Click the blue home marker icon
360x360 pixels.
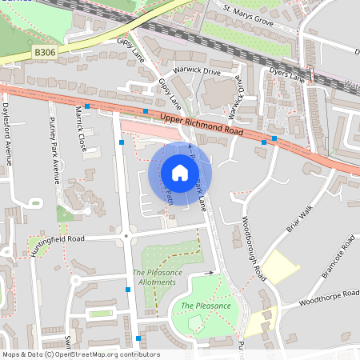click(x=179, y=173)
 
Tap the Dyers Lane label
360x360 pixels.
click(x=287, y=78)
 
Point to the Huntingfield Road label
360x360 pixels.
click(x=56, y=238)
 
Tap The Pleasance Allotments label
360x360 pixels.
click(x=158, y=278)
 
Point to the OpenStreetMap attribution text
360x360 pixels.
click(x=80, y=354)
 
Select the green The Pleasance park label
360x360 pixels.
click(x=206, y=306)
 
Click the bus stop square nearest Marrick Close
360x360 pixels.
click(x=87, y=106)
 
